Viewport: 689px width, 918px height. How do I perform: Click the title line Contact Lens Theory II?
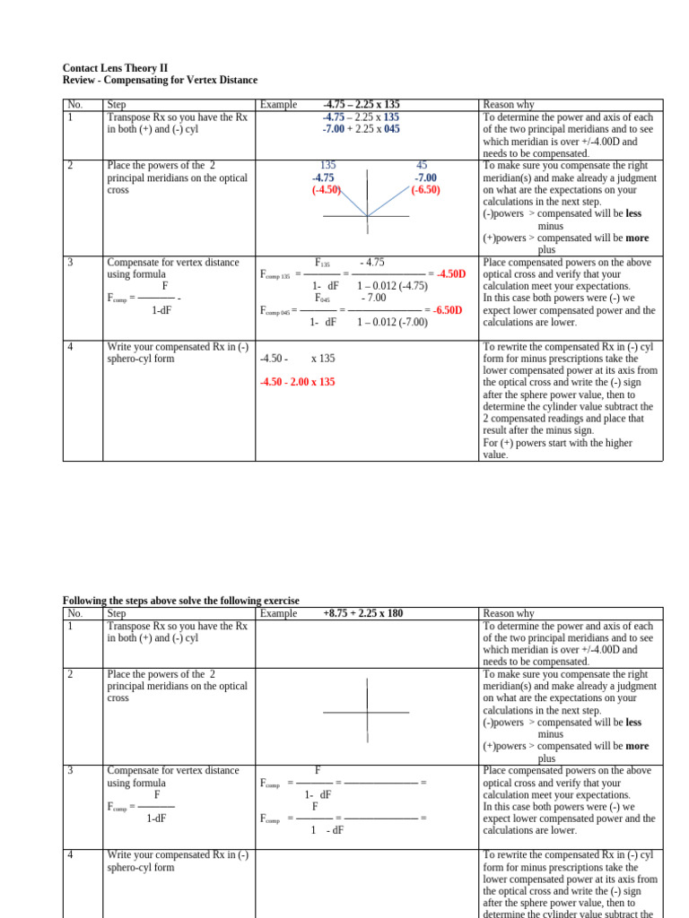(x=115, y=68)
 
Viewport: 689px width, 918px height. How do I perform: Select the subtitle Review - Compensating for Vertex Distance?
(x=160, y=81)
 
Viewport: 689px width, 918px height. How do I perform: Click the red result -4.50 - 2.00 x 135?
(x=297, y=382)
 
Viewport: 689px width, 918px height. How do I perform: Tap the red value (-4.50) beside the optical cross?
(x=327, y=190)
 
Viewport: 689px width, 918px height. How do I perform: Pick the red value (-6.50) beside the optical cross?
(x=426, y=190)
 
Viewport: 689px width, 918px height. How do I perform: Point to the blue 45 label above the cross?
(x=422, y=166)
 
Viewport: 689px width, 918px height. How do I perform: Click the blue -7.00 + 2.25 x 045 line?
(x=362, y=129)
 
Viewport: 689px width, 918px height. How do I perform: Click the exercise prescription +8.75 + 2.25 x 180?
(x=362, y=614)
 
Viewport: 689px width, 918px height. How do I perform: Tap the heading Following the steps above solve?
(x=180, y=601)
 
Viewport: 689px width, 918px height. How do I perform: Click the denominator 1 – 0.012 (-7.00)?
(x=392, y=322)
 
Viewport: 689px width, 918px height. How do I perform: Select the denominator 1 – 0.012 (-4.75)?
(x=392, y=286)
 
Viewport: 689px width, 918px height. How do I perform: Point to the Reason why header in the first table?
(x=508, y=105)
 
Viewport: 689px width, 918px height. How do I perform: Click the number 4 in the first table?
(x=71, y=347)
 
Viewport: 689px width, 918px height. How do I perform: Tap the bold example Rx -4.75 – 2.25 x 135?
(x=362, y=105)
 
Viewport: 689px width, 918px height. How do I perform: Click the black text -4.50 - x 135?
(x=297, y=359)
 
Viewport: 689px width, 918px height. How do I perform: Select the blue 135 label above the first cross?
(x=327, y=166)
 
